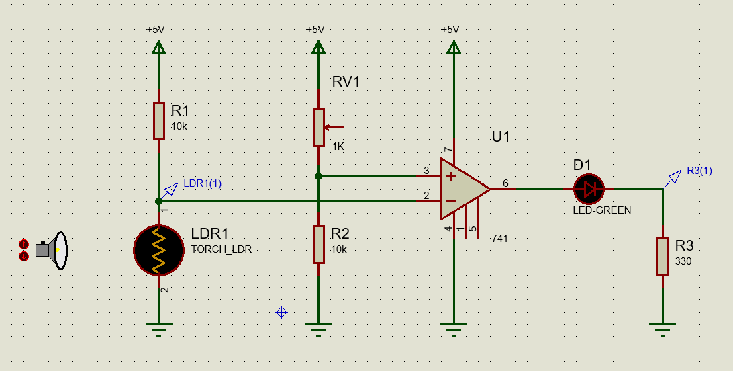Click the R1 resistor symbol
click(158, 121)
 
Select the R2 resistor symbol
click(318, 244)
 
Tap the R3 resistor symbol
click(663, 256)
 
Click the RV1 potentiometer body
click(318, 127)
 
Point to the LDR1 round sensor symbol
click(158, 250)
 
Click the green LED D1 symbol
click(589, 190)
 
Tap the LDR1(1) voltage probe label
click(202, 183)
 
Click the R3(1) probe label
click(699, 171)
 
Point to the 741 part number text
click(499, 238)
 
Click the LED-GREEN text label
click(601, 210)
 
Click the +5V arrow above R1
click(158, 48)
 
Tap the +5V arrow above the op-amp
click(454, 48)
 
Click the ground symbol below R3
click(663, 329)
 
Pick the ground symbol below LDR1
click(158, 329)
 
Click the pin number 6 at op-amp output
click(505, 183)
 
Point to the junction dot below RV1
click(318, 177)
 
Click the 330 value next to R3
click(683, 261)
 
